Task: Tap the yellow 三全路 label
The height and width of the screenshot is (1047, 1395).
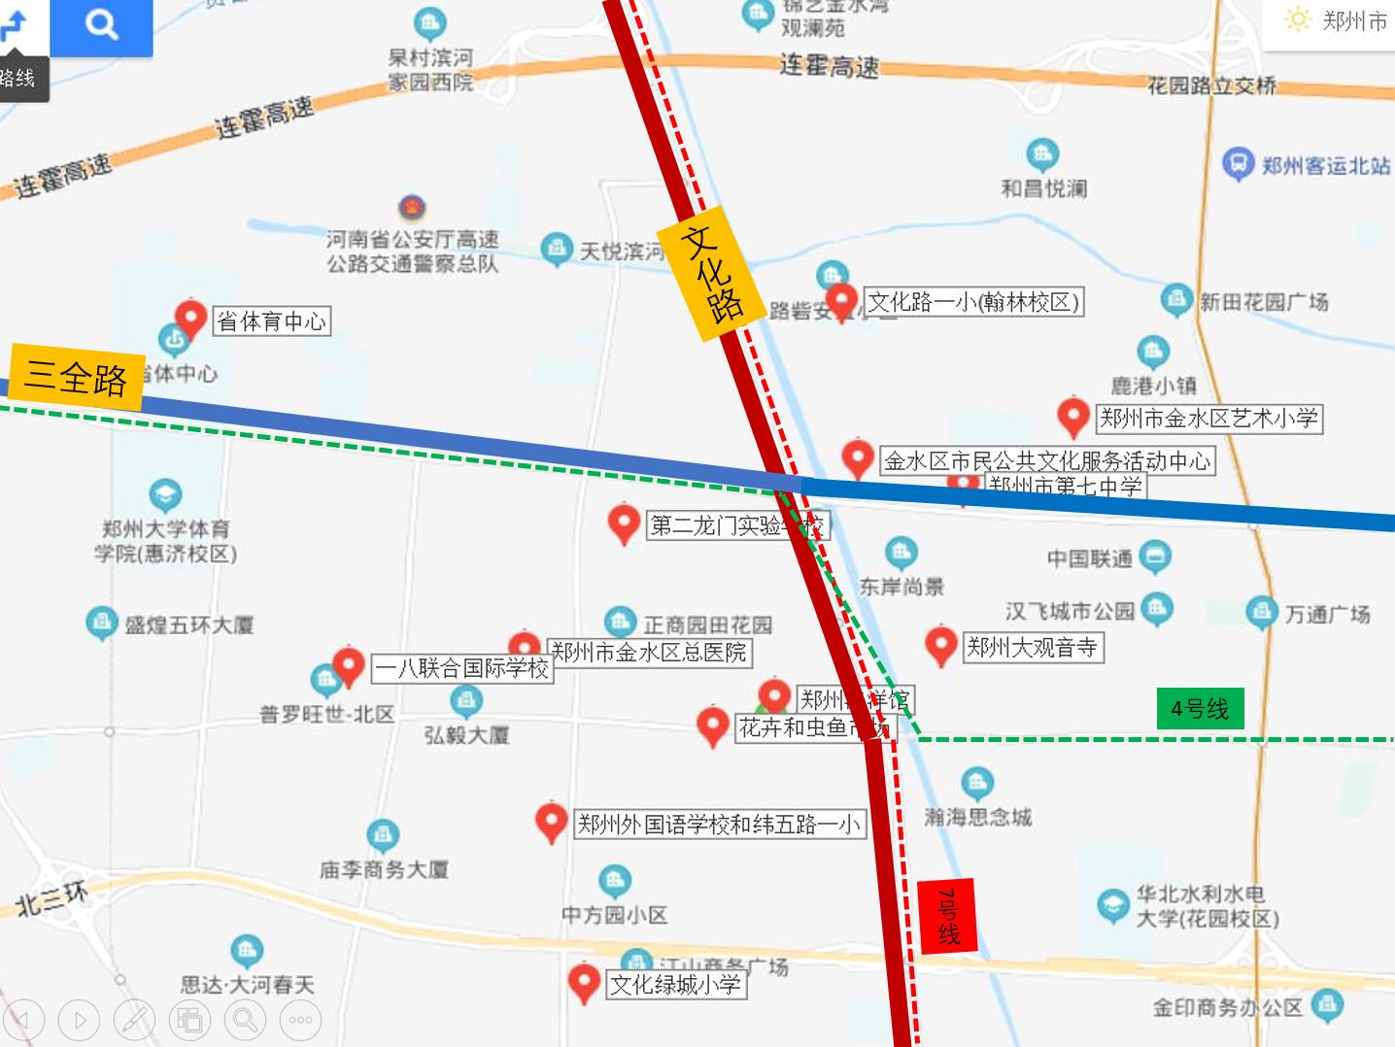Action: click(x=76, y=377)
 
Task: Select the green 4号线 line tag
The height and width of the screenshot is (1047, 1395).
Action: click(x=1199, y=708)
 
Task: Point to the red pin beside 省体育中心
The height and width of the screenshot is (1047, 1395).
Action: click(x=190, y=318)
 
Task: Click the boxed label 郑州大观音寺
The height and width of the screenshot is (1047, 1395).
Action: click(x=1031, y=647)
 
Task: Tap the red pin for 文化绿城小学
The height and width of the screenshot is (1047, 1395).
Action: click(x=583, y=982)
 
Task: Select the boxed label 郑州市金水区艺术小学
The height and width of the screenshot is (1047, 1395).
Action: click(x=1208, y=419)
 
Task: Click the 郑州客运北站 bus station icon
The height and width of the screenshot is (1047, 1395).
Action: click(x=1237, y=163)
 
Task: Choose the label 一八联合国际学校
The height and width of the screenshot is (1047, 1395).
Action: click(x=463, y=668)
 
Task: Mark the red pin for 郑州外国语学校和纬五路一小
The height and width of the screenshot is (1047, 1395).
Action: click(x=551, y=822)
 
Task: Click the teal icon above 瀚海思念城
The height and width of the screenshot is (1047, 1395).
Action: click(x=976, y=782)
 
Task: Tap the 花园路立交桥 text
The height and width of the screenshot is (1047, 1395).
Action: click(x=1211, y=86)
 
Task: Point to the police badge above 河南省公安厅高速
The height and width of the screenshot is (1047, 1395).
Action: click(x=412, y=208)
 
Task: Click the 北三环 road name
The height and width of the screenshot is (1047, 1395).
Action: click(x=51, y=899)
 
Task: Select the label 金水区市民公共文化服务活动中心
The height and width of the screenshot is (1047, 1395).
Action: click(x=1046, y=460)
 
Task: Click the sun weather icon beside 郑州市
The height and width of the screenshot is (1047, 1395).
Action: click(x=1297, y=20)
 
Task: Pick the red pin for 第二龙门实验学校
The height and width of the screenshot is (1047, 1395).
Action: click(x=623, y=523)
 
